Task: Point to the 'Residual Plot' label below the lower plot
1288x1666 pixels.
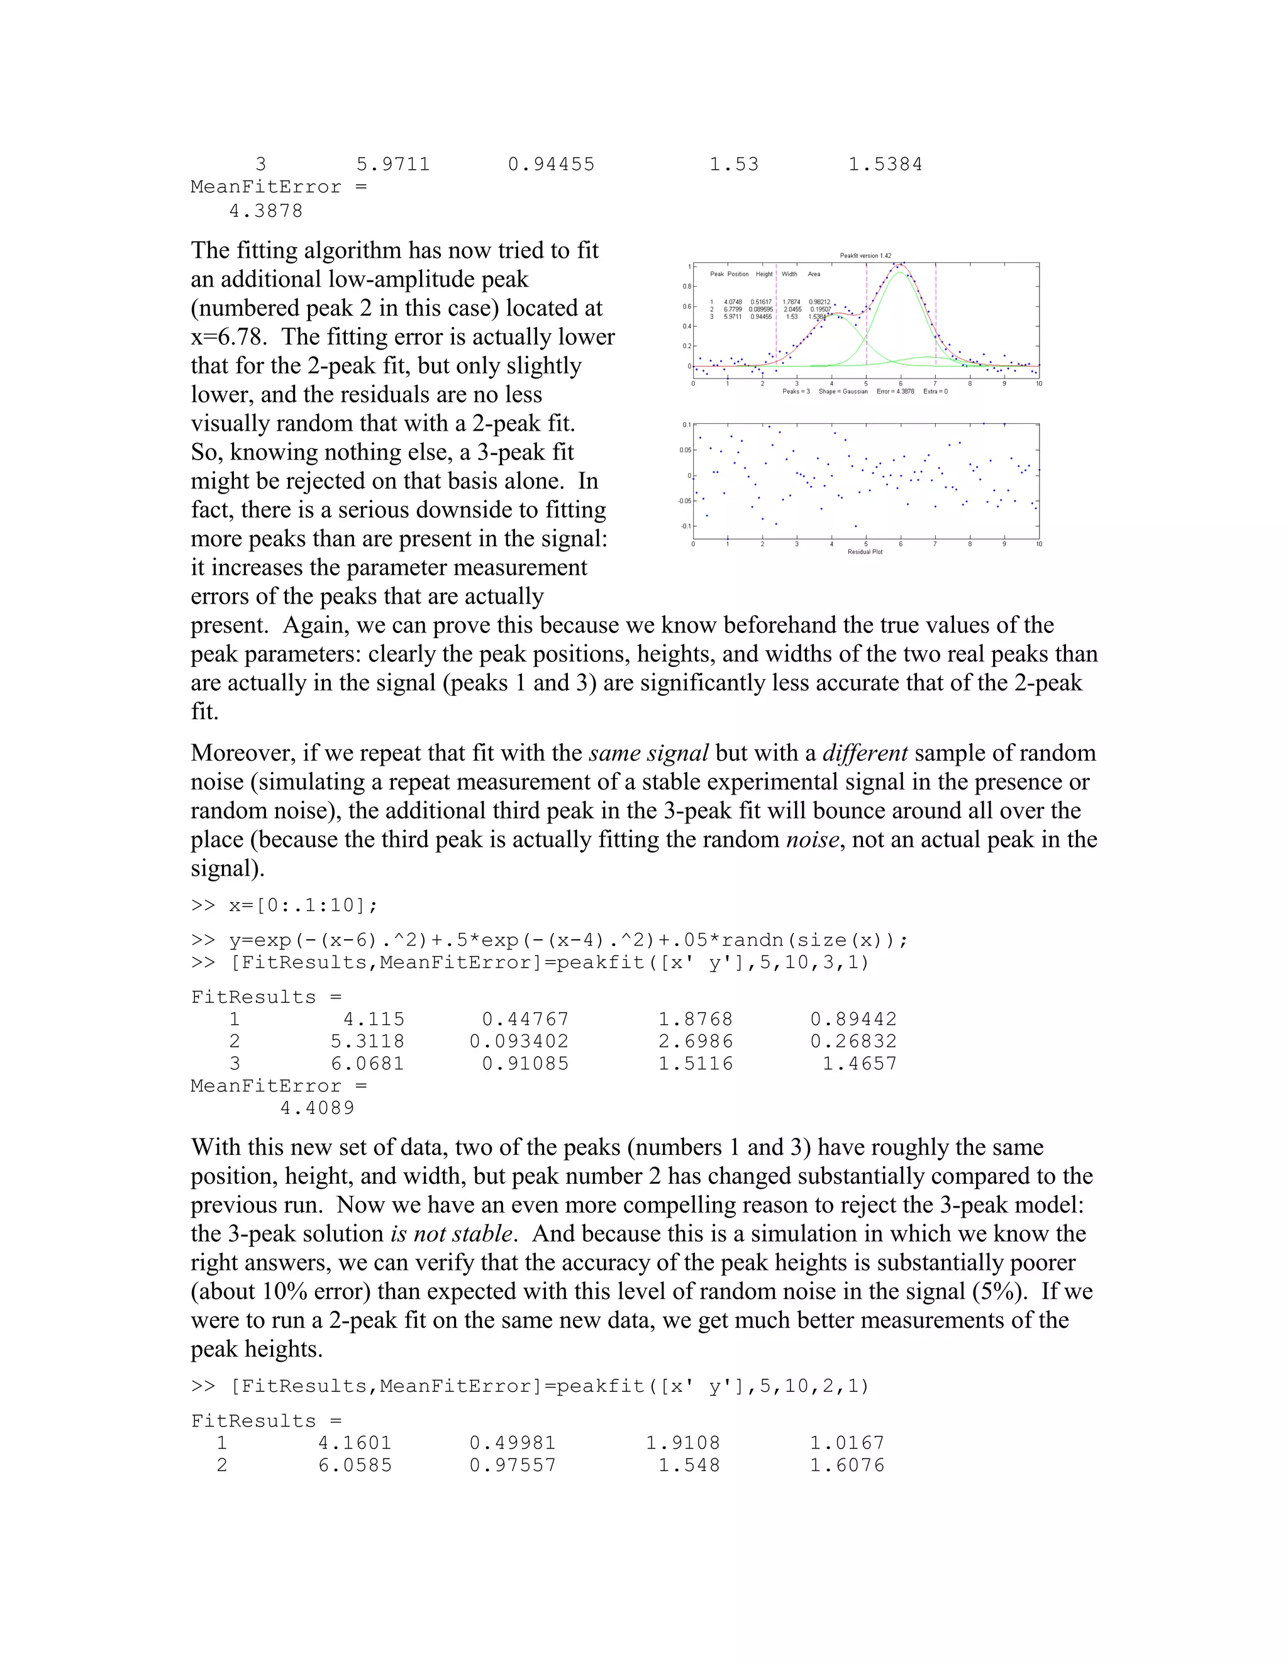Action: [x=865, y=551]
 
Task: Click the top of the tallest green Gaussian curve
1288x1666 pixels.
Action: [x=901, y=272]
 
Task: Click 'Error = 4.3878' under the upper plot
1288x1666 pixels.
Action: [x=895, y=391]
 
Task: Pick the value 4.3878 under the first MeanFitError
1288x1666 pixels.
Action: [x=265, y=211]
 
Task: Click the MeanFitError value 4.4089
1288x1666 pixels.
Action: [x=317, y=1108]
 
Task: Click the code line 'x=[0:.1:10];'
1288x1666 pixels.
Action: [x=303, y=905]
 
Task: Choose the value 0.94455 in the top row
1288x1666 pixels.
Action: [x=551, y=165]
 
